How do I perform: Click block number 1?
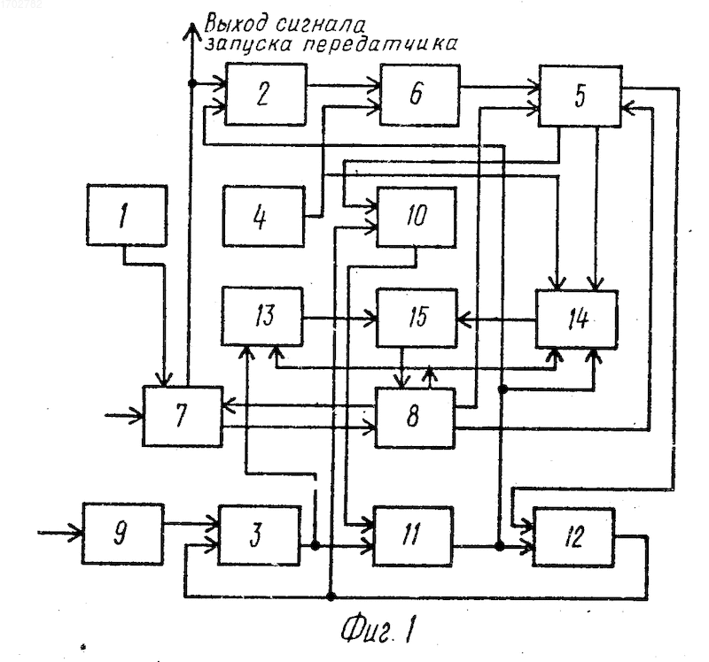[x=127, y=215]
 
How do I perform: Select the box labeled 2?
[x=266, y=95]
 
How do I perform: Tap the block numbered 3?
[x=260, y=535]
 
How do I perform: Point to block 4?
[x=263, y=217]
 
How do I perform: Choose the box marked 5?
[x=580, y=96]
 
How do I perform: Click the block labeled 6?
[x=419, y=95]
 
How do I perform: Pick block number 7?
[x=183, y=416]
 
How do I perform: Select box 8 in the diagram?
[x=415, y=418]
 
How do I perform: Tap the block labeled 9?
[x=122, y=534]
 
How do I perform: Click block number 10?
[x=417, y=217]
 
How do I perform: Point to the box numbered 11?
[x=413, y=536]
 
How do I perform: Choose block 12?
[x=573, y=537]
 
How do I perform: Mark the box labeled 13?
[x=261, y=316]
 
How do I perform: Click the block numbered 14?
[x=577, y=319]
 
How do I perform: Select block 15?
[x=417, y=318]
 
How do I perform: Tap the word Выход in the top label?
[x=236, y=23]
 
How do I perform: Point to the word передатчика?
[x=380, y=44]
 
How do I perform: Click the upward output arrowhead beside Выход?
[x=191, y=33]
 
